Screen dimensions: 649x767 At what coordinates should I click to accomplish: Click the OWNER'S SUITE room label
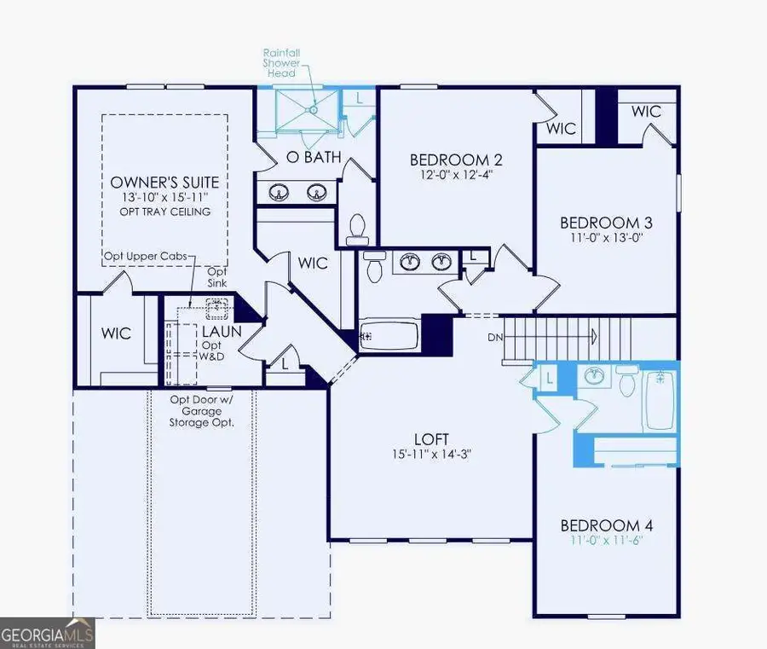[164, 183]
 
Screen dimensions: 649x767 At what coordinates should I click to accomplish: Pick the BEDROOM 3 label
[602, 223]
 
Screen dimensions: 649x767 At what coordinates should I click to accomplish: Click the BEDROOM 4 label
[606, 524]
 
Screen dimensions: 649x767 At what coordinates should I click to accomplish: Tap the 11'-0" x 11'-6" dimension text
[606, 541]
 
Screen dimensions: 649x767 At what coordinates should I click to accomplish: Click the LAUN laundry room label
[222, 331]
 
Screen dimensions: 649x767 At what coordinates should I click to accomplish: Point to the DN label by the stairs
[495, 337]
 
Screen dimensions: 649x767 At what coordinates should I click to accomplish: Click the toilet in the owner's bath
[356, 228]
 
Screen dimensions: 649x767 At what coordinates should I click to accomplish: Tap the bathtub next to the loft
[389, 337]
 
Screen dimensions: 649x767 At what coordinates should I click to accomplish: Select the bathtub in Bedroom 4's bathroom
[659, 398]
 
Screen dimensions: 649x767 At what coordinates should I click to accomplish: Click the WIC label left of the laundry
[117, 333]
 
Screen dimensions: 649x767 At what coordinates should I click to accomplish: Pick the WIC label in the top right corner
[647, 111]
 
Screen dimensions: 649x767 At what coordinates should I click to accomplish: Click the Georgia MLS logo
[48, 634]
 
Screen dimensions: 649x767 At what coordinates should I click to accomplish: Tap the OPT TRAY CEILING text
[164, 212]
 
